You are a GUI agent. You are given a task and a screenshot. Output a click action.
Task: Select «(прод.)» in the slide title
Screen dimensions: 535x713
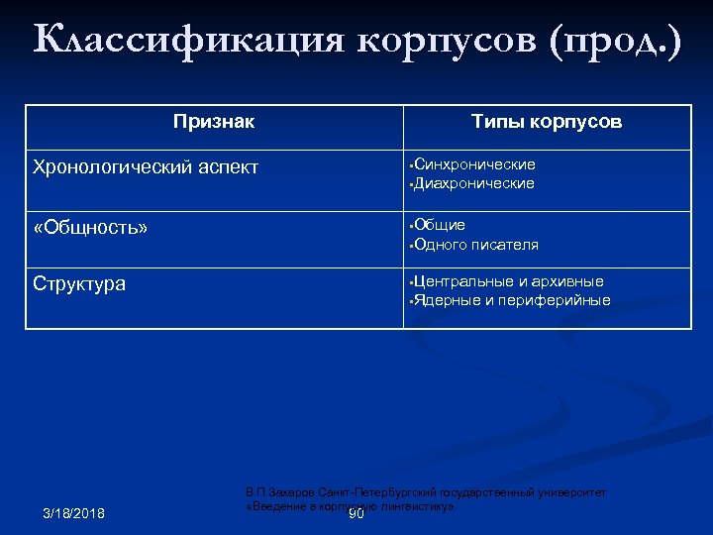coord(619,43)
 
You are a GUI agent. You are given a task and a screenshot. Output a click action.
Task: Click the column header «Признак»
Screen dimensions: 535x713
coord(214,122)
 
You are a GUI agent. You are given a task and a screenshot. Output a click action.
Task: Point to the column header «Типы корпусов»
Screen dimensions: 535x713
coord(547,122)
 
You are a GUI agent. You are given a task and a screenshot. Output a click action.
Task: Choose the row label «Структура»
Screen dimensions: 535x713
coord(79,284)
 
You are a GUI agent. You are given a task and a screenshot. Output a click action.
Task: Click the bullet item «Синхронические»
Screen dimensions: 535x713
coord(474,164)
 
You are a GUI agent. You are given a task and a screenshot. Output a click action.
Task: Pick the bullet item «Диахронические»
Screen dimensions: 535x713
coord(473,183)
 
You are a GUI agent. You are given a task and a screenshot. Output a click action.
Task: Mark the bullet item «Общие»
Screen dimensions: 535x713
coord(440,225)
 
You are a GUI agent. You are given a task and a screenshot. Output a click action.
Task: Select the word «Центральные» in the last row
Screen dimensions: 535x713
coord(463,281)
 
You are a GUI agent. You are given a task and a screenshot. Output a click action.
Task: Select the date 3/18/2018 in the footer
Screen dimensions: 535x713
coord(74,512)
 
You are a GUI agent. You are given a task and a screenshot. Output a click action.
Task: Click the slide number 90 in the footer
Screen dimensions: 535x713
coord(356,514)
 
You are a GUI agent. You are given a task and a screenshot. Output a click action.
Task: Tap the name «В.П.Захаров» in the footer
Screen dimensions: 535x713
coord(283,491)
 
